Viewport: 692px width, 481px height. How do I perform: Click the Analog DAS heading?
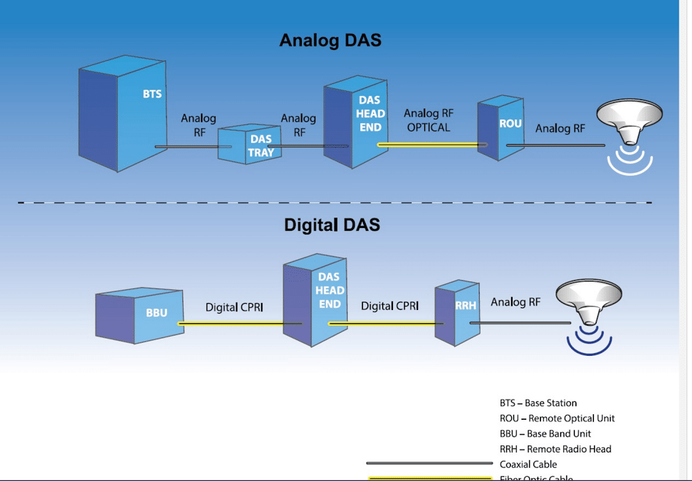(330, 40)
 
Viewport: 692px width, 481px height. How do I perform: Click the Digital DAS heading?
(332, 225)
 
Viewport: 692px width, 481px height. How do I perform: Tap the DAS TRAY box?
(250, 145)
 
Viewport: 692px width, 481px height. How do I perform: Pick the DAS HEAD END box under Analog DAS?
(355, 122)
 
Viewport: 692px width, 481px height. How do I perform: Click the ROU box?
(500, 129)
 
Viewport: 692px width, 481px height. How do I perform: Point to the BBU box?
(139, 316)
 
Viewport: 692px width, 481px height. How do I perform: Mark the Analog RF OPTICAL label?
(429, 120)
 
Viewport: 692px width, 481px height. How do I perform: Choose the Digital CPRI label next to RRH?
(389, 306)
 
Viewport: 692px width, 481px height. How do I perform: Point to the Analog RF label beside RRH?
(515, 302)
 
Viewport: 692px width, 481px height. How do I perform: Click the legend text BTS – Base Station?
(538, 403)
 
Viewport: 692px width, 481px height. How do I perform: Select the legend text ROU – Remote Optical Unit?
(557, 418)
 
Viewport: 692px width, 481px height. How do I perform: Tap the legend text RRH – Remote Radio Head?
(555, 449)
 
